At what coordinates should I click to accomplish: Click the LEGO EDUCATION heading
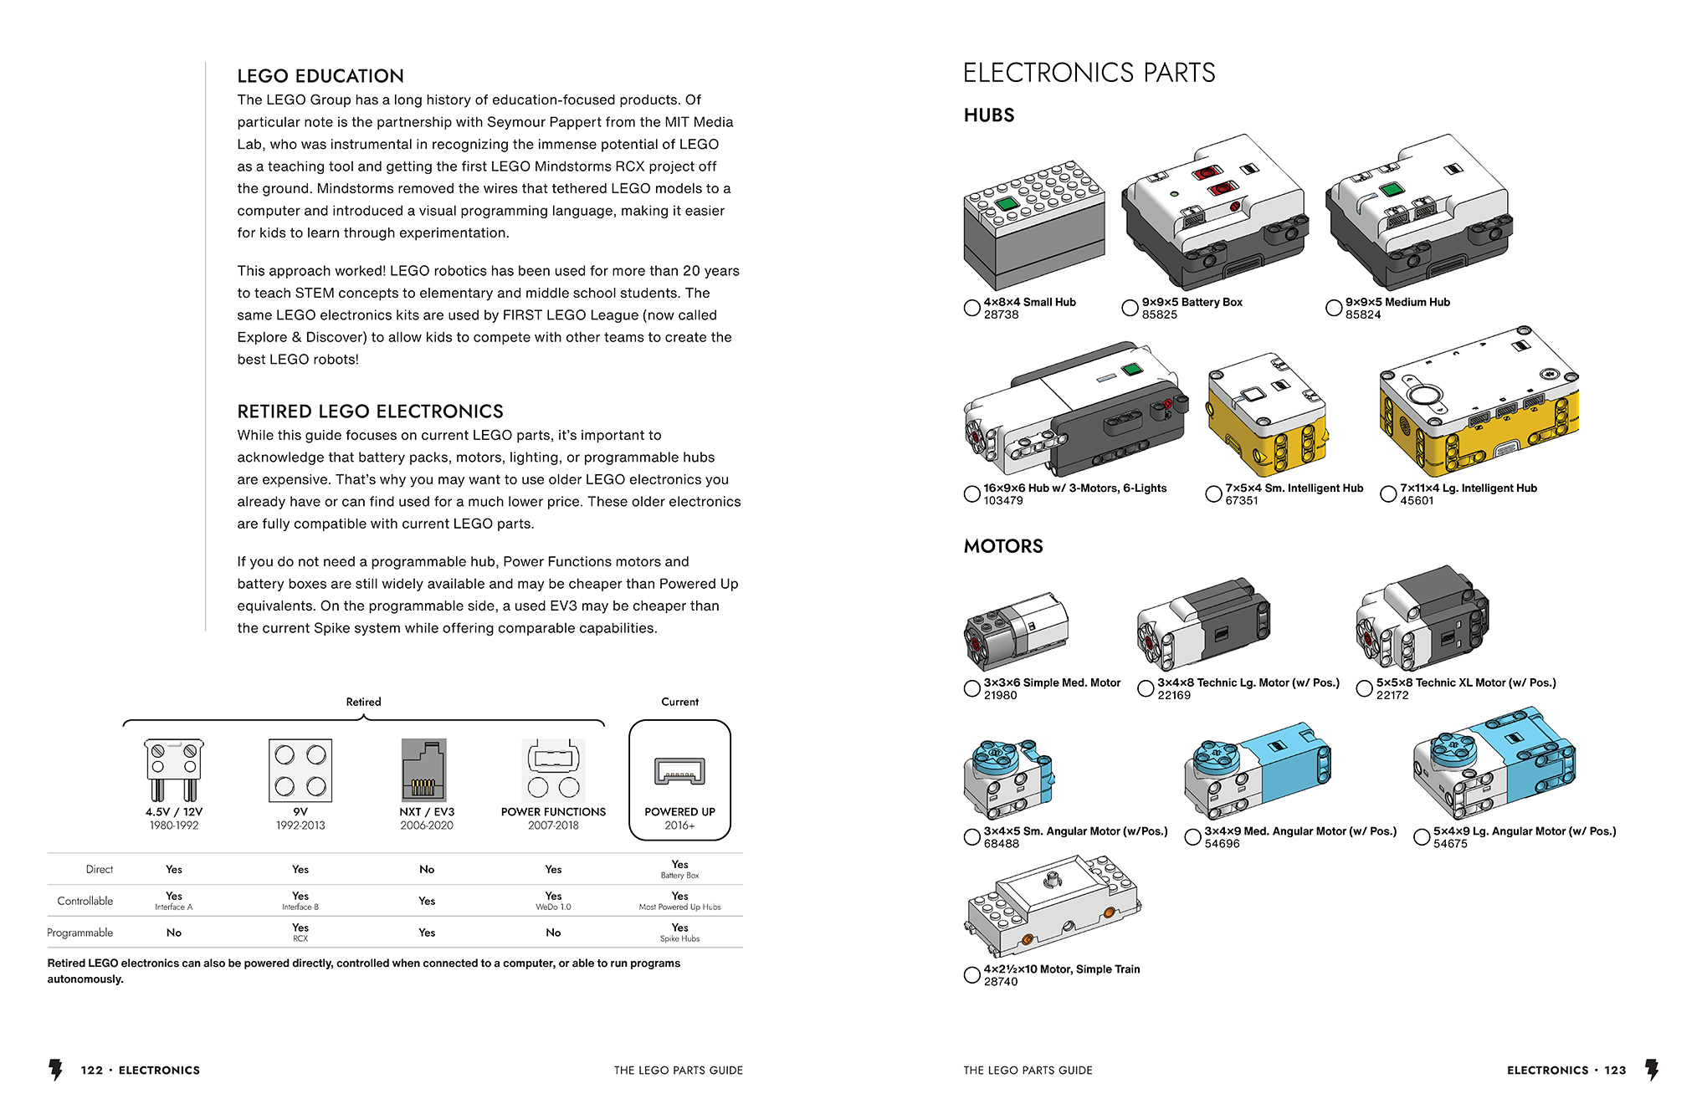coord(320,76)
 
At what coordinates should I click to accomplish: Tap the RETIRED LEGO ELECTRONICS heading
coord(370,411)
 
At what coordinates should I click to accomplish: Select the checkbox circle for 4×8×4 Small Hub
coord(971,308)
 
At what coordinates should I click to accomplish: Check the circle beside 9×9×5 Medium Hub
coord(1334,308)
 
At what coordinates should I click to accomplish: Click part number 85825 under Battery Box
coord(1159,315)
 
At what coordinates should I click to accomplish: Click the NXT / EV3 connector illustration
coord(424,770)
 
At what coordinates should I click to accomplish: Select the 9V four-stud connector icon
coord(300,770)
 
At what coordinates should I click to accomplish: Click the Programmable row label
coord(80,933)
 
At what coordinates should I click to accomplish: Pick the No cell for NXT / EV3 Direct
coord(427,870)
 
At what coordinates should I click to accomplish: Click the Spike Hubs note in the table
coord(679,939)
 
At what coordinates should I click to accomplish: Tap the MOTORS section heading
coord(1003,547)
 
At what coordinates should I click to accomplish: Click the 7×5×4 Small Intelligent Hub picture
coord(1266,416)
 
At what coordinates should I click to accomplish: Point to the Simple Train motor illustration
coord(1054,906)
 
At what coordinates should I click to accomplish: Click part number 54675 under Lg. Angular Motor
coord(1450,844)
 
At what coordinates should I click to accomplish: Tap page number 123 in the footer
coord(1615,1071)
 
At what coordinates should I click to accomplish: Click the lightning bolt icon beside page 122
coord(56,1070)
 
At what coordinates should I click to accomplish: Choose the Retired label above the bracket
coord(363,703)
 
